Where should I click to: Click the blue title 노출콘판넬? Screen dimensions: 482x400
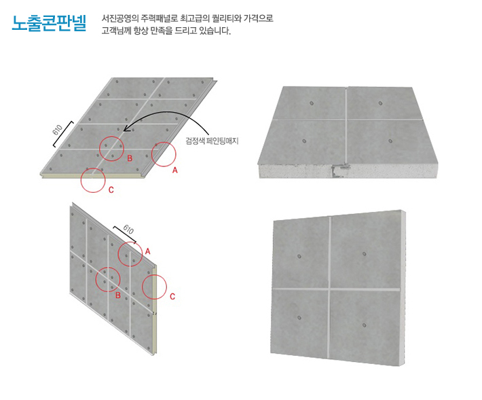(x=49, y=23)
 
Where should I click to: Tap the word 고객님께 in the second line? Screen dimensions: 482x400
(x=116, y=31)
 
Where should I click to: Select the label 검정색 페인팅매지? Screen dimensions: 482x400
(x=212, y=141)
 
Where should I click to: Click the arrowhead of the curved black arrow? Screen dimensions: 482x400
(x=126, y=130)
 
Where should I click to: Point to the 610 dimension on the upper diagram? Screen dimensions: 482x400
(x=58, y=130)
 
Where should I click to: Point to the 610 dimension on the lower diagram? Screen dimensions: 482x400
(x=128, y=230)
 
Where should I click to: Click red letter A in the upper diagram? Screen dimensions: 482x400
(x=175, y=170)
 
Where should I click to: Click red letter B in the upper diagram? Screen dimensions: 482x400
(x=130, y=158)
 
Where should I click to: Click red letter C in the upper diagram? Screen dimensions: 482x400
(x=111, y=190)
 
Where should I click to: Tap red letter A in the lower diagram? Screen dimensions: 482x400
(x=147, y=251)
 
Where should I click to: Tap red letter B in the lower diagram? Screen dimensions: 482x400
(x=117, y=295)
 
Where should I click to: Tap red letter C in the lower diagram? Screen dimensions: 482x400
(x=172, y=296)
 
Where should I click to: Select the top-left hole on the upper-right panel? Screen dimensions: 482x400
(x=312, y=103)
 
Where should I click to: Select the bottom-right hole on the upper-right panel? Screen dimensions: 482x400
(x=390, y=141)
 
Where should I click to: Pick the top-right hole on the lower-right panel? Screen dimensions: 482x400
(x=365, y=254)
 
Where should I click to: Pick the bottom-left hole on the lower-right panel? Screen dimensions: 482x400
(x=299, y=318)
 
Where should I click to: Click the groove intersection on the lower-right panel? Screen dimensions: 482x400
(x=329, y=289)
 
